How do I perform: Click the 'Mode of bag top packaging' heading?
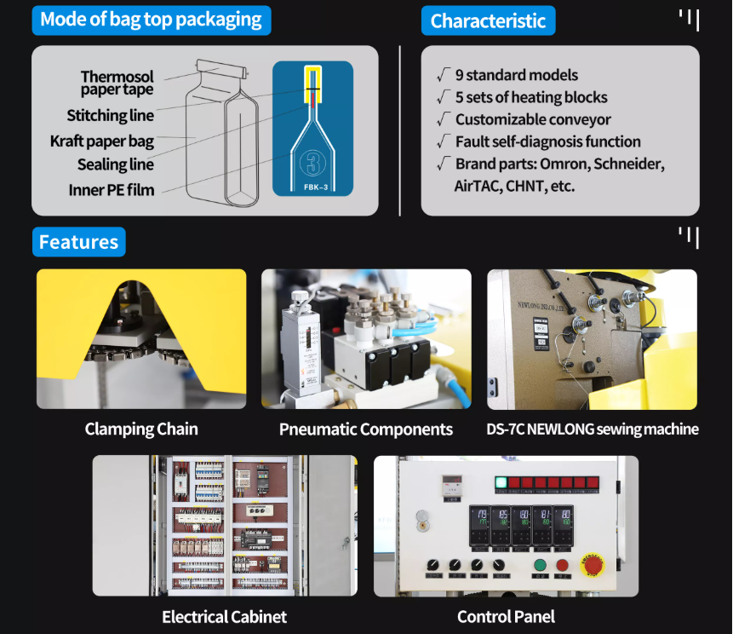[x=151, y=20]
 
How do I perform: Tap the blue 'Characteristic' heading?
[x=488, y=20]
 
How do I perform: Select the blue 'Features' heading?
[x=78, y=242]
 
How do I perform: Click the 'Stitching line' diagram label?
[x=111, y=116]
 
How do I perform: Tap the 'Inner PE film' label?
[x=112, y=190]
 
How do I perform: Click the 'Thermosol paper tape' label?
[x=117, y=84]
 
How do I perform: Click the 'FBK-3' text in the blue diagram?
[x=312, y=186]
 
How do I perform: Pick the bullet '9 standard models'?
[x=516, y=75]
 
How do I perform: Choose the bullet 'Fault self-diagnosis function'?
[x=547, y=141]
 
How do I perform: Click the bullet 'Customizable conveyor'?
[x=533, y=119]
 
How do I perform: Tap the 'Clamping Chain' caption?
[x=141, y=429]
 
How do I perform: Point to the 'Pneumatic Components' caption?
[x=366, y=429]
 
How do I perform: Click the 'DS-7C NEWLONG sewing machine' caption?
[x=593, y=429]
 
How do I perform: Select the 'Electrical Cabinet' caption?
[x=225, y=616]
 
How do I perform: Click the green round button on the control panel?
[x=540, y=564]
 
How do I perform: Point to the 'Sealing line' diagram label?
[x=116, y=164]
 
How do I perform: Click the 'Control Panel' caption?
[x=506, y=616]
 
